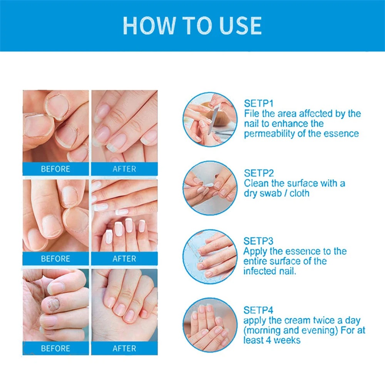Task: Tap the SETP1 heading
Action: click(x=258, y=104)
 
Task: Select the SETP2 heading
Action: click(x=258, y=173)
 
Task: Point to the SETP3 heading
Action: click(x=258, y=241)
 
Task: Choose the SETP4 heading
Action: click(x=258, y=310)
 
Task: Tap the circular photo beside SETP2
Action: click(x=209, y=188)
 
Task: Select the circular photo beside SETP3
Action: click(x=209, y=256)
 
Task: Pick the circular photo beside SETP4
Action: click(x=209, y=325)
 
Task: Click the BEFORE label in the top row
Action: click(x=55, y=169)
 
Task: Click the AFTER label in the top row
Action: click(x=124, y=169)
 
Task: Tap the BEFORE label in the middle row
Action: click(x=55, y=259)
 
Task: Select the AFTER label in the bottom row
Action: click(x=124, y=348)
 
